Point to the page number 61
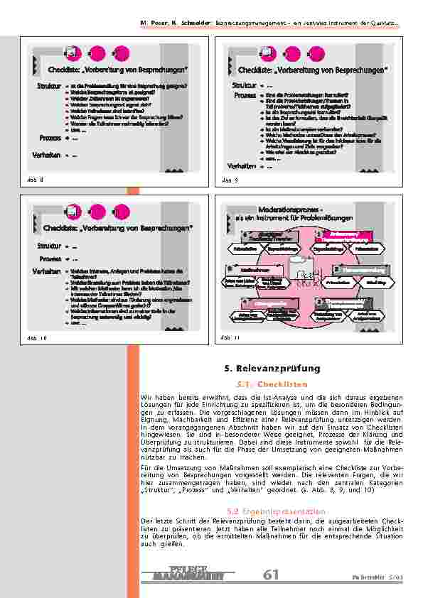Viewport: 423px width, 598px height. pyautogui.click(x=271, y=575)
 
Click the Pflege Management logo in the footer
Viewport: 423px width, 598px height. pyautogui.click(x=187, y=574)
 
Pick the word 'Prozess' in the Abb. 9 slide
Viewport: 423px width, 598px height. pyautogui.click(x=245, y=94)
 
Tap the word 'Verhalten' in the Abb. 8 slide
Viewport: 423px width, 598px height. pyautogui.click(x=44, y=155)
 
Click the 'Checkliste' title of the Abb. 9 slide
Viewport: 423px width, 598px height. pyautogui.click(x=313, y=70)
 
